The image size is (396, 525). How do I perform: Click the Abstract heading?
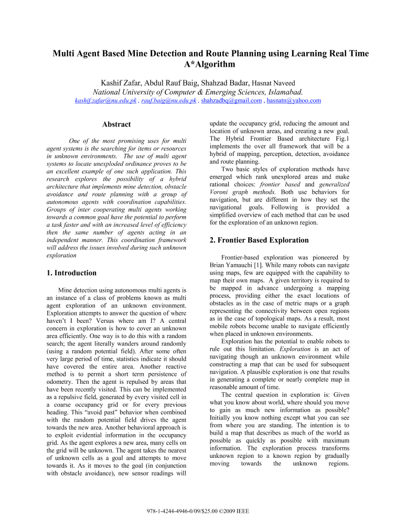[x=116, y=124]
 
